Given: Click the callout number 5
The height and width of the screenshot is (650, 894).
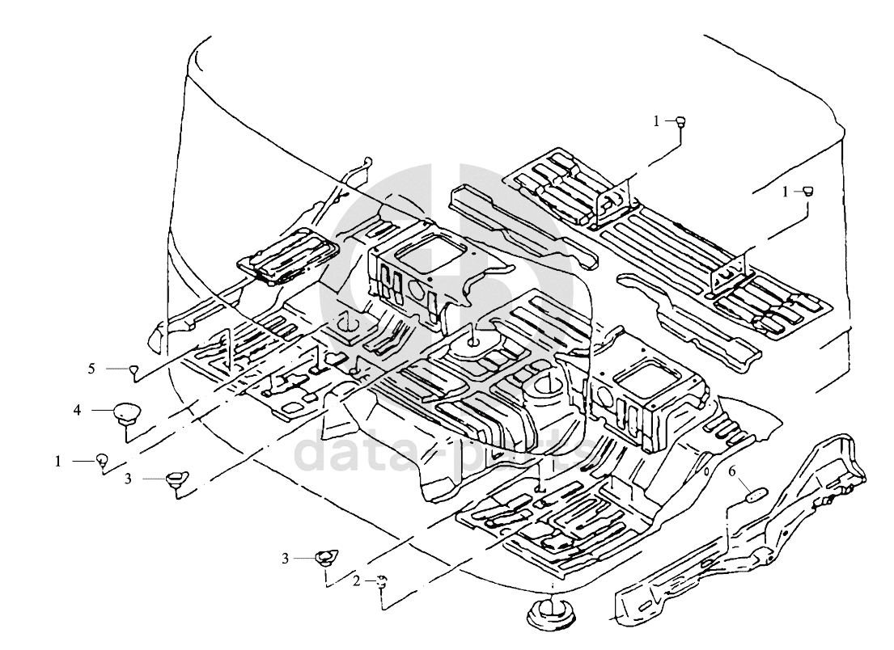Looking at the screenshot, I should coord(92,369).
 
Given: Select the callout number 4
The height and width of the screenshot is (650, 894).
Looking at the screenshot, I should coord(78,411).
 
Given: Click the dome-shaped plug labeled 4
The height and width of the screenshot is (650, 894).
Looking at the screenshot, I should coord(125,413).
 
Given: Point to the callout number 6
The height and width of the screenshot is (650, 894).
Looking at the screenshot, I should coord(732,471).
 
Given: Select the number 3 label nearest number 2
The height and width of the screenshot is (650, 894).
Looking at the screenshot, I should coord(285,558).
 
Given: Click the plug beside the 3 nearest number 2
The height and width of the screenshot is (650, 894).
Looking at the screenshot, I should coord(325,556).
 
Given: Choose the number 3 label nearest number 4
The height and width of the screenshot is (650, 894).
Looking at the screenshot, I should coord(128,479).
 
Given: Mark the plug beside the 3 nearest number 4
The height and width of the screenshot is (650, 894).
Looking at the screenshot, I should coord(176,479).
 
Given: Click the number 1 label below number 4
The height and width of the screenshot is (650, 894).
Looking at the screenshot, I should coord(58,461).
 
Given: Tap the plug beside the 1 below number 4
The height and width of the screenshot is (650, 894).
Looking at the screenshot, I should coord(102,460).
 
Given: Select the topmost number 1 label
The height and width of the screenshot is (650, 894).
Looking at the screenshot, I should coord(657,121).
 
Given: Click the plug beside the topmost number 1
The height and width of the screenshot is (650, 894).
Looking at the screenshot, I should coord(681,122).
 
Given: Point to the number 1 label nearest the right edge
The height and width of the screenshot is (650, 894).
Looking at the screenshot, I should coord(785,191).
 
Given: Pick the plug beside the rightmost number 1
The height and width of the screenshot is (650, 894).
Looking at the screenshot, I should coord(807,191).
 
